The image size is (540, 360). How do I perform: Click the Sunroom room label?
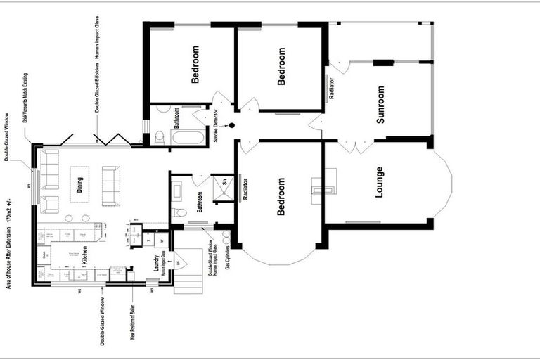click(380, 105)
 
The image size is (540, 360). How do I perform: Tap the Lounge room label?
click(380, 182)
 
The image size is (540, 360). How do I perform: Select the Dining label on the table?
click(81, 186)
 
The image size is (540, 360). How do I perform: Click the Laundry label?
click(155, 263)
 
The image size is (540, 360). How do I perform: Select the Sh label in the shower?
click(224, 181)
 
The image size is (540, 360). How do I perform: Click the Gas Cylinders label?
click(229, 258)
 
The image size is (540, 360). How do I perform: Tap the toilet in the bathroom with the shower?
click(181, 212)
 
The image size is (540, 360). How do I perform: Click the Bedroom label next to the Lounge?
click(281, 196)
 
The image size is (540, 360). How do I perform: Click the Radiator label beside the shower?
click(245, 189)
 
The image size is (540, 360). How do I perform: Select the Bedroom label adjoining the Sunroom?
click(282, 66)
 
